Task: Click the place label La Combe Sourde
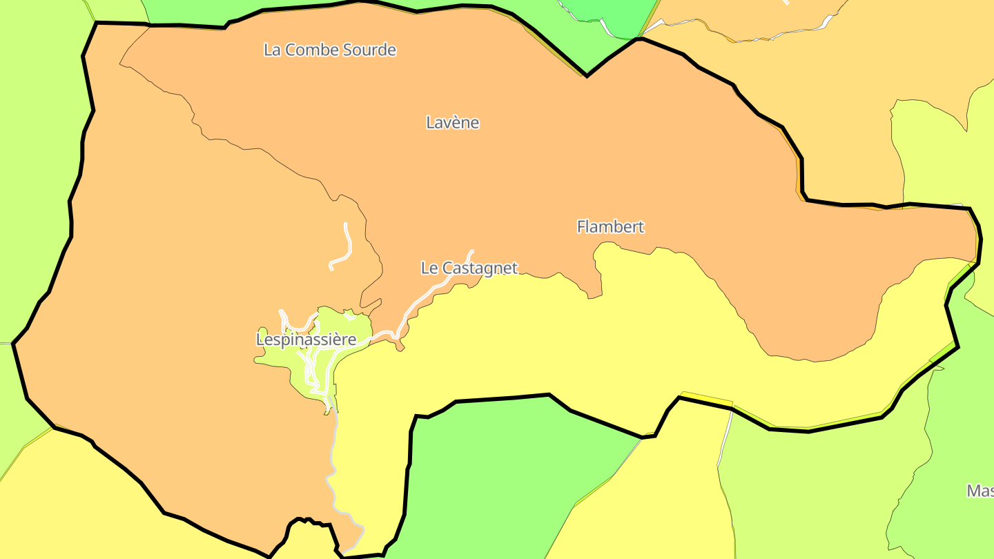pyautogui.click(x=330, y=50)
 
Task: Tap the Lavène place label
pyautogui.click(x=452, y=123)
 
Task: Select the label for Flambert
pyautogui.click(x=610, y=226)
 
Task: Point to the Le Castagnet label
pyautogui.click(x=469, y=268)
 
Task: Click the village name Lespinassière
pyautogui.click(x=306, y=340)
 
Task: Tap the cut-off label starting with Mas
pyautogui.click(x=980, y=491)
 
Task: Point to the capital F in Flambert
pyautogui.click(x=581, y=226)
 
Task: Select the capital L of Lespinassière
pyautogui.click(x=260, y=340)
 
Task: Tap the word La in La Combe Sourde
pyautogui.click(x=272, y=50)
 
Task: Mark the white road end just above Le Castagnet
pyautogui.click(x=472, y=252)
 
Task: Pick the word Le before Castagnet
pyautogui.click(x=429, y=268)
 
